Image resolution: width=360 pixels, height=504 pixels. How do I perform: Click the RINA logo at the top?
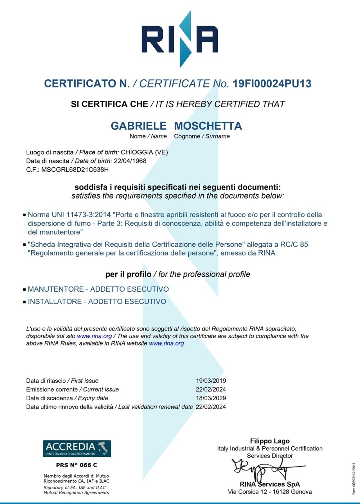tap(180, 39)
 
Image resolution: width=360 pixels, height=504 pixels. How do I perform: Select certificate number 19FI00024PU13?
tap(272, 84)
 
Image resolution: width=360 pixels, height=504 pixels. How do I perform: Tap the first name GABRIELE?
tap(139, 126)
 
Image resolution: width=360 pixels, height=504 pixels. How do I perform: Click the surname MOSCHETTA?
tap(208, 126)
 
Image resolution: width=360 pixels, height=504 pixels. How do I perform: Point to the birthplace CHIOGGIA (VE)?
tap(144, 152)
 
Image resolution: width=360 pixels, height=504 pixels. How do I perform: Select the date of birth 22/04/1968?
tap(130, 161)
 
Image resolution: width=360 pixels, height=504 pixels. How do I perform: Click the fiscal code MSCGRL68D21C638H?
tap(75, 170)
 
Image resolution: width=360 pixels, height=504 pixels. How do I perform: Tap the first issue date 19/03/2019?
tap(211, 381)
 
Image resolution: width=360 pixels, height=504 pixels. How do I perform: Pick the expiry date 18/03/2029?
tap(211, 398)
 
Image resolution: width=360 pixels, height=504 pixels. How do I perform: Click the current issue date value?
tap(211, 390)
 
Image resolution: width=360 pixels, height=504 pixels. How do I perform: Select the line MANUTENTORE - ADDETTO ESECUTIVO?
tap(98, 289)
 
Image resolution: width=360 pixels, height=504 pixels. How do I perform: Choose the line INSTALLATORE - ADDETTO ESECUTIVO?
tap(97, 302)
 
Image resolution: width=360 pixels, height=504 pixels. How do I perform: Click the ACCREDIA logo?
tap(77, 449)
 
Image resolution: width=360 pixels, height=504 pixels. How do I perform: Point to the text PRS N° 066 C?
tap(76, 465)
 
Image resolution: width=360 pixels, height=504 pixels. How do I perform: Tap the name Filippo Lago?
tap(270, 441)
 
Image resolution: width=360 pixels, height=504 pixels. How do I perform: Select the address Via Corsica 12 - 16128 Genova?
tap(270, 492)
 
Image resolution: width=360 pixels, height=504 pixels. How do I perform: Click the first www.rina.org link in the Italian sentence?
tap(94, 336)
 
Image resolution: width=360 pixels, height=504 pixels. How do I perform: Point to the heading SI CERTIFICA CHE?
tap(109, 104)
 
